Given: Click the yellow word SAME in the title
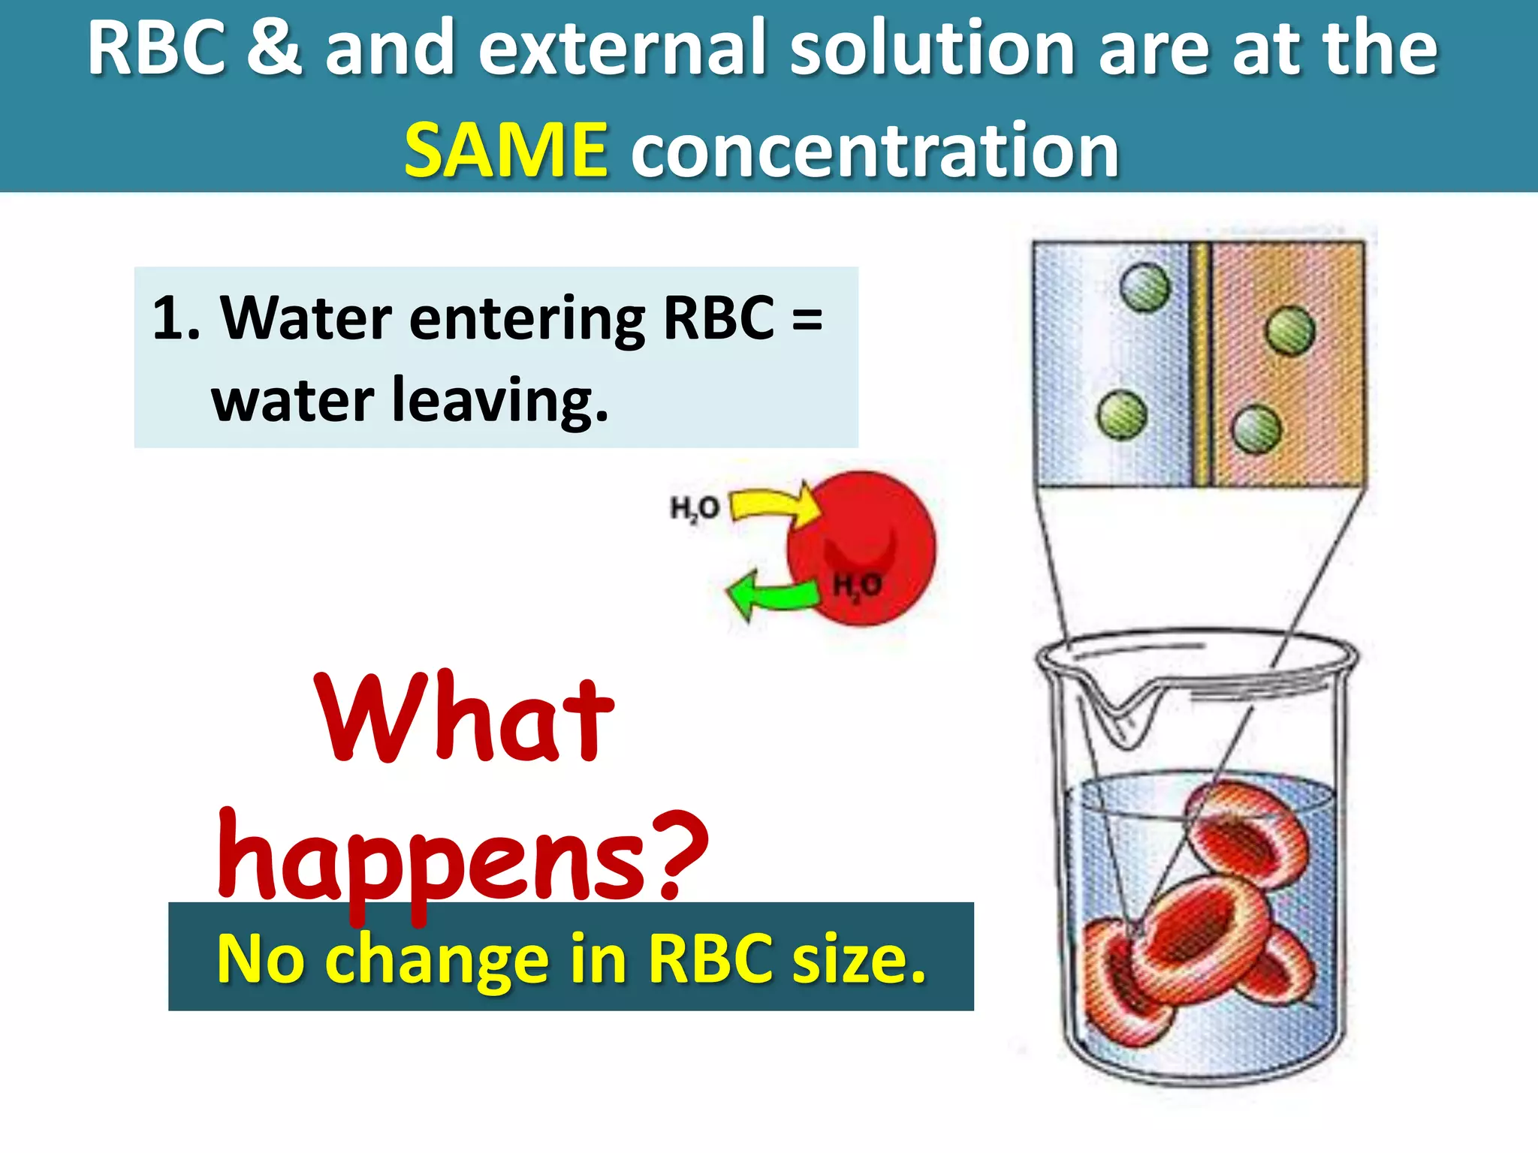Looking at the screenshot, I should [505, 152].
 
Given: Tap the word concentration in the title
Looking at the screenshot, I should [875, 152].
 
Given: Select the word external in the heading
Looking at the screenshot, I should [620, 48].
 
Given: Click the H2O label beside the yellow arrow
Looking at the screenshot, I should [694, 509].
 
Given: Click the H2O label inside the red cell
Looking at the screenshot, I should [857, 585].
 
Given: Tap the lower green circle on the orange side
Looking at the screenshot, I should [1256, 429].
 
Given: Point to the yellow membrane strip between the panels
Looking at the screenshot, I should [1202, 364].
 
